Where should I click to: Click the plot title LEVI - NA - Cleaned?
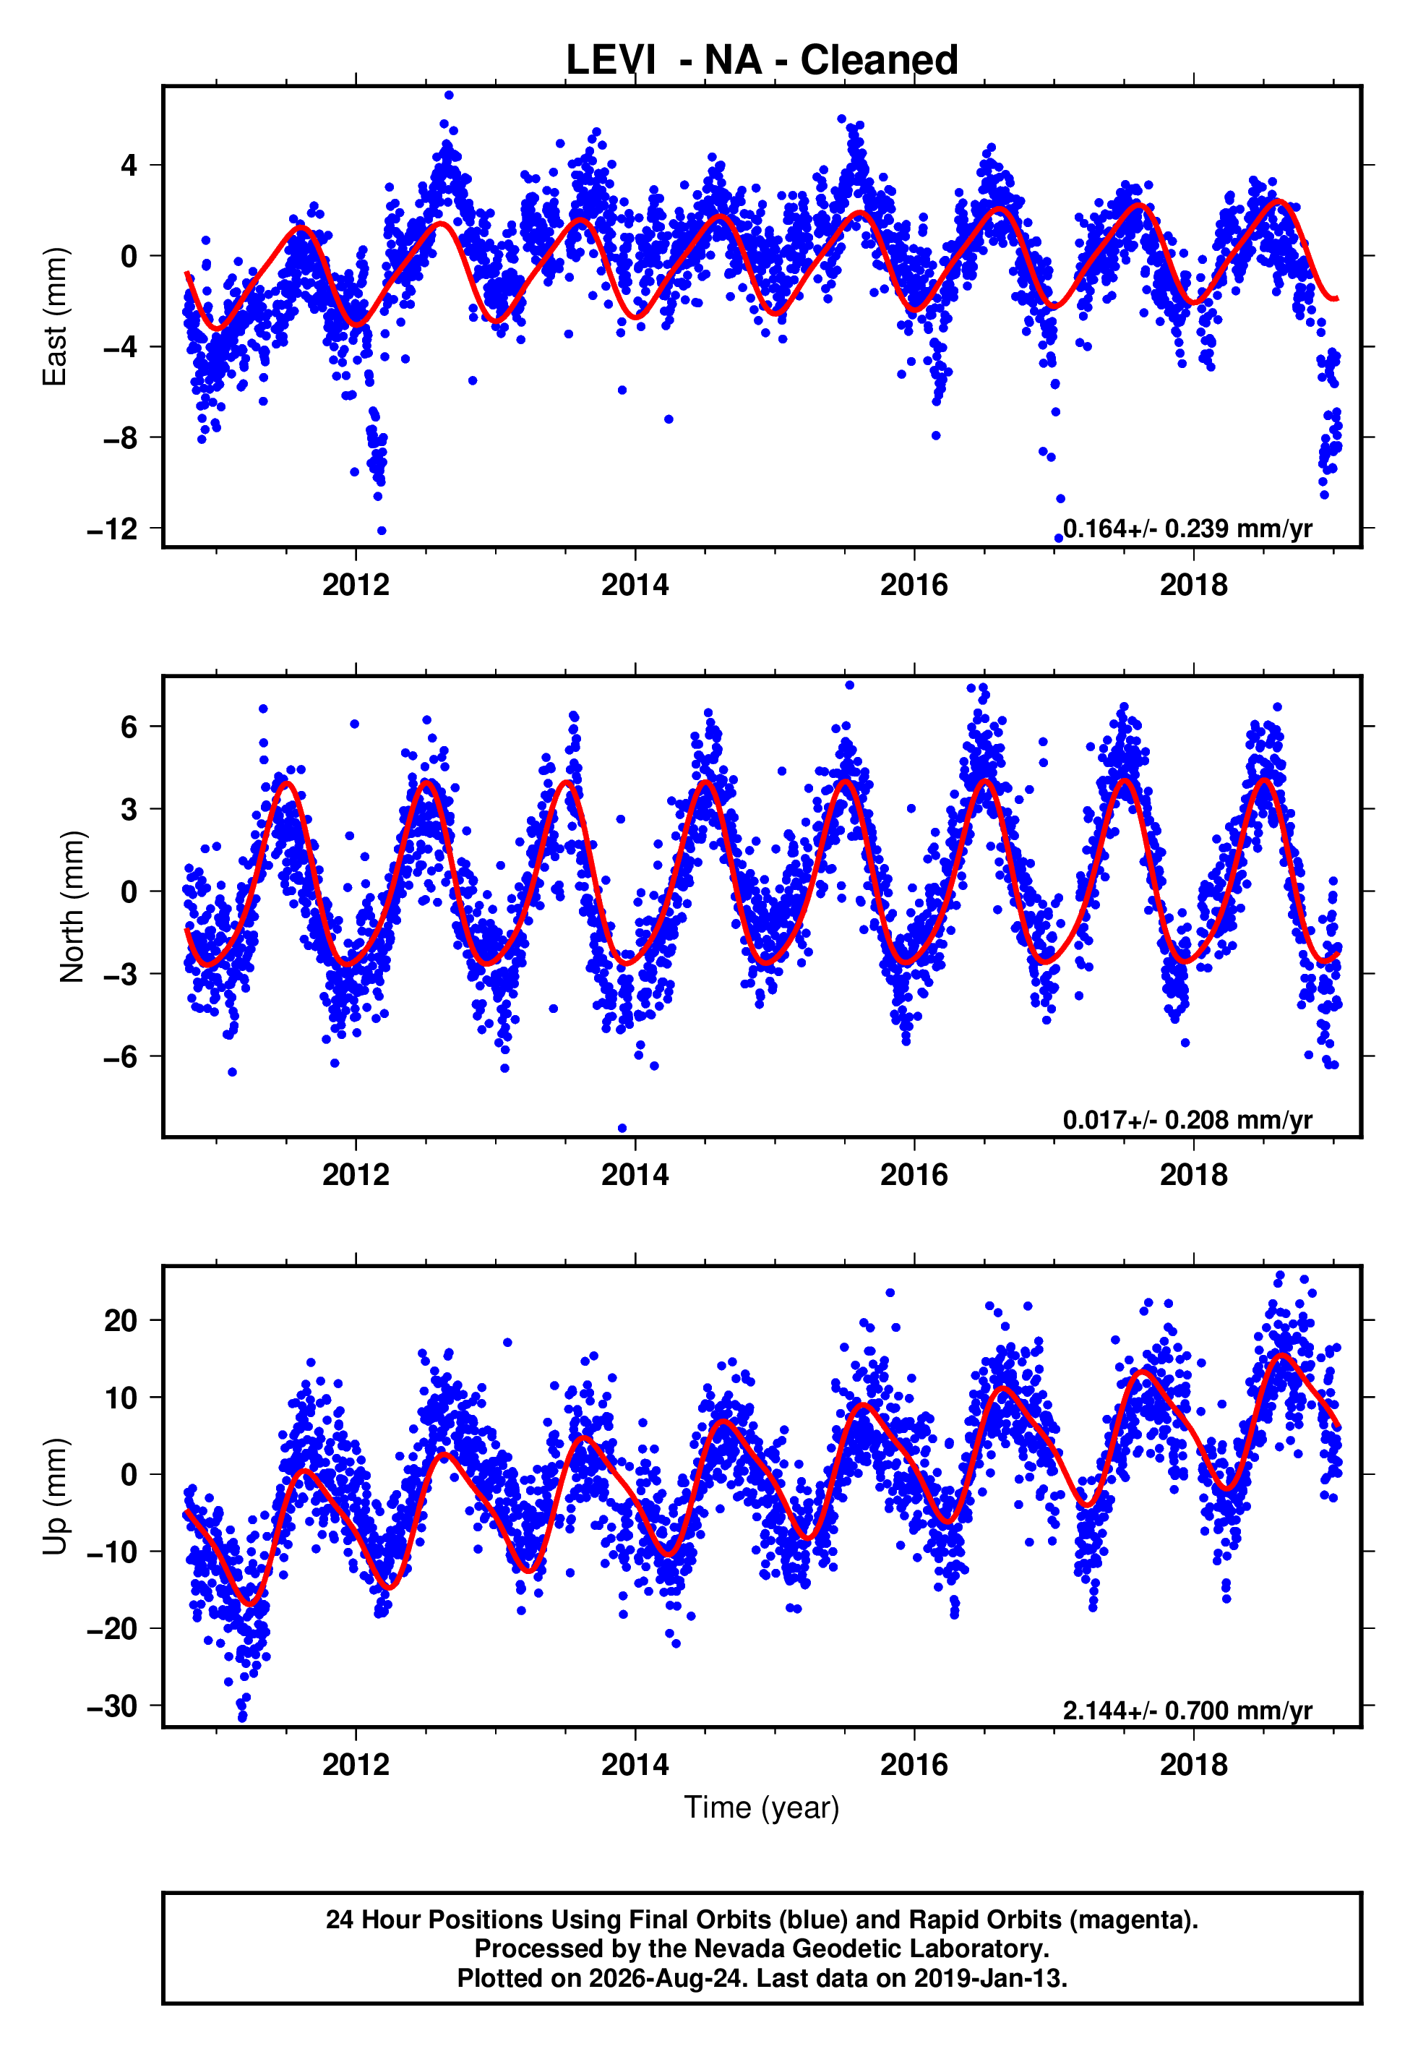click(762, 61)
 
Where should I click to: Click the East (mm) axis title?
click(55, 317)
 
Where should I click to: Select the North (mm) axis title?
click(72, 907)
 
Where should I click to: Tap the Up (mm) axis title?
click(55, 1497)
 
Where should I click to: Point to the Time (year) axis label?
click(762, 1808)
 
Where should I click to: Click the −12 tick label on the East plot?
click(112, 529)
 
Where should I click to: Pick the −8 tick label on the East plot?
click(120, 438)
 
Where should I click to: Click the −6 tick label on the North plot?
click(120, 1056)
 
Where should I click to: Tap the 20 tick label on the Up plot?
click(121, 1320)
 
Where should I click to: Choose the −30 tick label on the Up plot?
click(112, 1706)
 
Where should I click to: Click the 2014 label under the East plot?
click(635, 585)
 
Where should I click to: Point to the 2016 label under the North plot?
click(914, 1175)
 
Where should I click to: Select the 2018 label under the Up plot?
click(1193, 1765)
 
